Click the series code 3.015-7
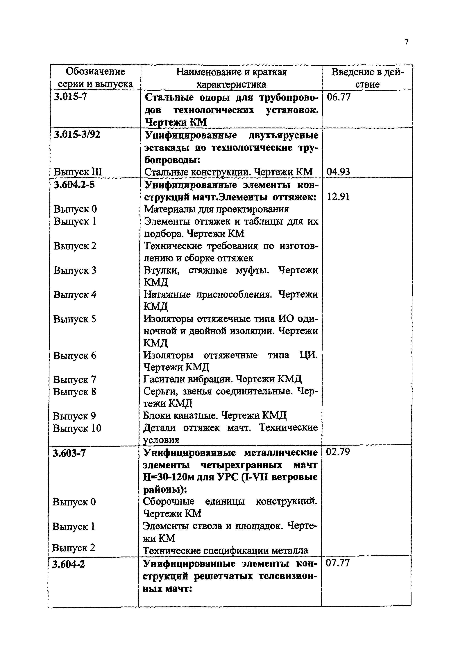click(71, 97)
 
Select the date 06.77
click(338, 97)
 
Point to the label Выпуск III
click(78, 172)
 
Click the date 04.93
click(338, 172)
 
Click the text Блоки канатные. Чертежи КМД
click(215, 416)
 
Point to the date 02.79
click(338, 452)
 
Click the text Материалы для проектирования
click(216, 209)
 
